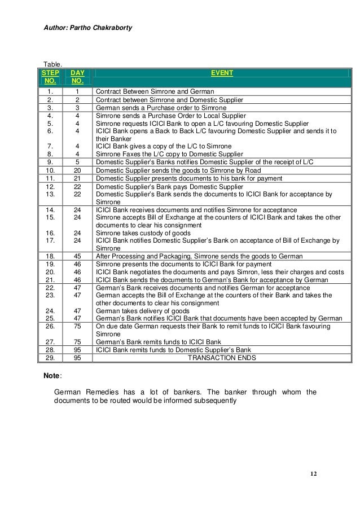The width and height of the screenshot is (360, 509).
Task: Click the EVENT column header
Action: point(222,73)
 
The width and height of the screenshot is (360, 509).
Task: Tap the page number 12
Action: point(313,472)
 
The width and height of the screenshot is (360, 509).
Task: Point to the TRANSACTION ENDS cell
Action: point(222,358)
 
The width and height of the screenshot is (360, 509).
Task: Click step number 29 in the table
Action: point(51,358)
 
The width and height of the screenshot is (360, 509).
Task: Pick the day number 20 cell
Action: point(77,169)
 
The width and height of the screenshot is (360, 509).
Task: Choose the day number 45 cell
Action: point(77,256)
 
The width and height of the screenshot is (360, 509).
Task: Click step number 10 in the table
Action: point(51,169)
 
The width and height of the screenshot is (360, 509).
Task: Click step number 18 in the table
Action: point(51,256)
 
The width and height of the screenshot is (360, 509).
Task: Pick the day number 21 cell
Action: point(77,178)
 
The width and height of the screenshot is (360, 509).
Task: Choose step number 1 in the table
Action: point(51,91)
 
